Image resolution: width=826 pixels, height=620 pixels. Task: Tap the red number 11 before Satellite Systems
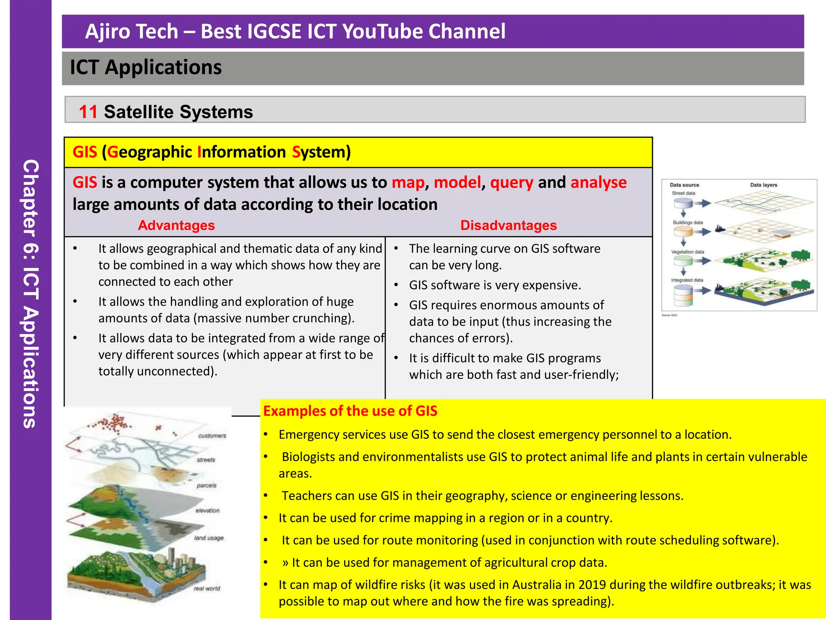tap(88, 112)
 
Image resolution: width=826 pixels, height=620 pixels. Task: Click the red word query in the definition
tap(511, 182)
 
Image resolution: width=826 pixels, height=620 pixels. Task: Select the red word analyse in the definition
tap(599, 182)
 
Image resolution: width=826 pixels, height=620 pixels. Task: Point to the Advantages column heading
tap(176, 225)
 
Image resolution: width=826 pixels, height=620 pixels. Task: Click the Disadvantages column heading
tap(508, 225)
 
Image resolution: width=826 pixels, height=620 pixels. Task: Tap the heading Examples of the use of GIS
tap(350, 411)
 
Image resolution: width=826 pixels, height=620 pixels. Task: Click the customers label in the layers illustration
tap(212, 436)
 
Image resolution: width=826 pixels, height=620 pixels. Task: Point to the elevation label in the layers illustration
tap(207, 511)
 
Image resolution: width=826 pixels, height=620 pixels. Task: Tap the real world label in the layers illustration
tap(207, 589)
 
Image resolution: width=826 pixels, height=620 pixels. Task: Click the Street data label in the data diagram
tap(683, 193)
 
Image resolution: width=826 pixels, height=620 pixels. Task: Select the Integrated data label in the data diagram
tap(687, 280)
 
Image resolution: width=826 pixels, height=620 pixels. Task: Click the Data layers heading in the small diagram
tap(763, 185)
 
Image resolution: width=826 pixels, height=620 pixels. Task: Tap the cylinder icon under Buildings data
tap(683, 232)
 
